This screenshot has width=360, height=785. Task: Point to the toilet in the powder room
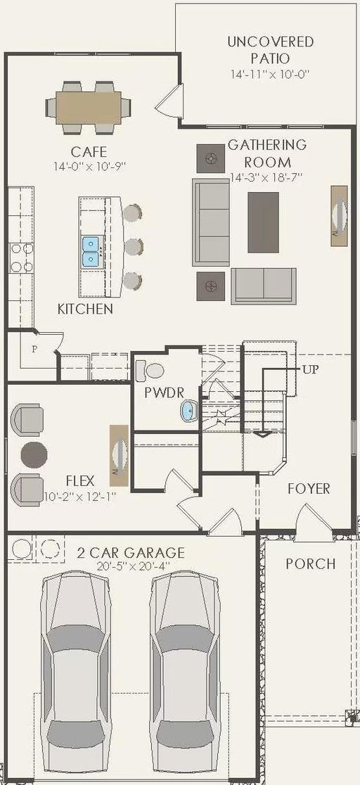(150, 369)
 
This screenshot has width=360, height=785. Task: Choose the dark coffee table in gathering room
(263, 222)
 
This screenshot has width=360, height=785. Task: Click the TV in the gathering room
(339, 216)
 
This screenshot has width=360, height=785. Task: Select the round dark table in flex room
(34, 454)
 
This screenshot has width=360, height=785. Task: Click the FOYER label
(309, 488)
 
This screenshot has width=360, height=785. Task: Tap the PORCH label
(310, 563)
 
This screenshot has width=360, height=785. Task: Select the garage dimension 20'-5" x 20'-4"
(131, 567)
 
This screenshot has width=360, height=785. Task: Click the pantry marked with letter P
(33, 349)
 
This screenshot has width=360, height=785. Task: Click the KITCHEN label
(85, 309)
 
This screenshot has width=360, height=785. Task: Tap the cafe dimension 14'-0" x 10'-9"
(89, 167)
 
